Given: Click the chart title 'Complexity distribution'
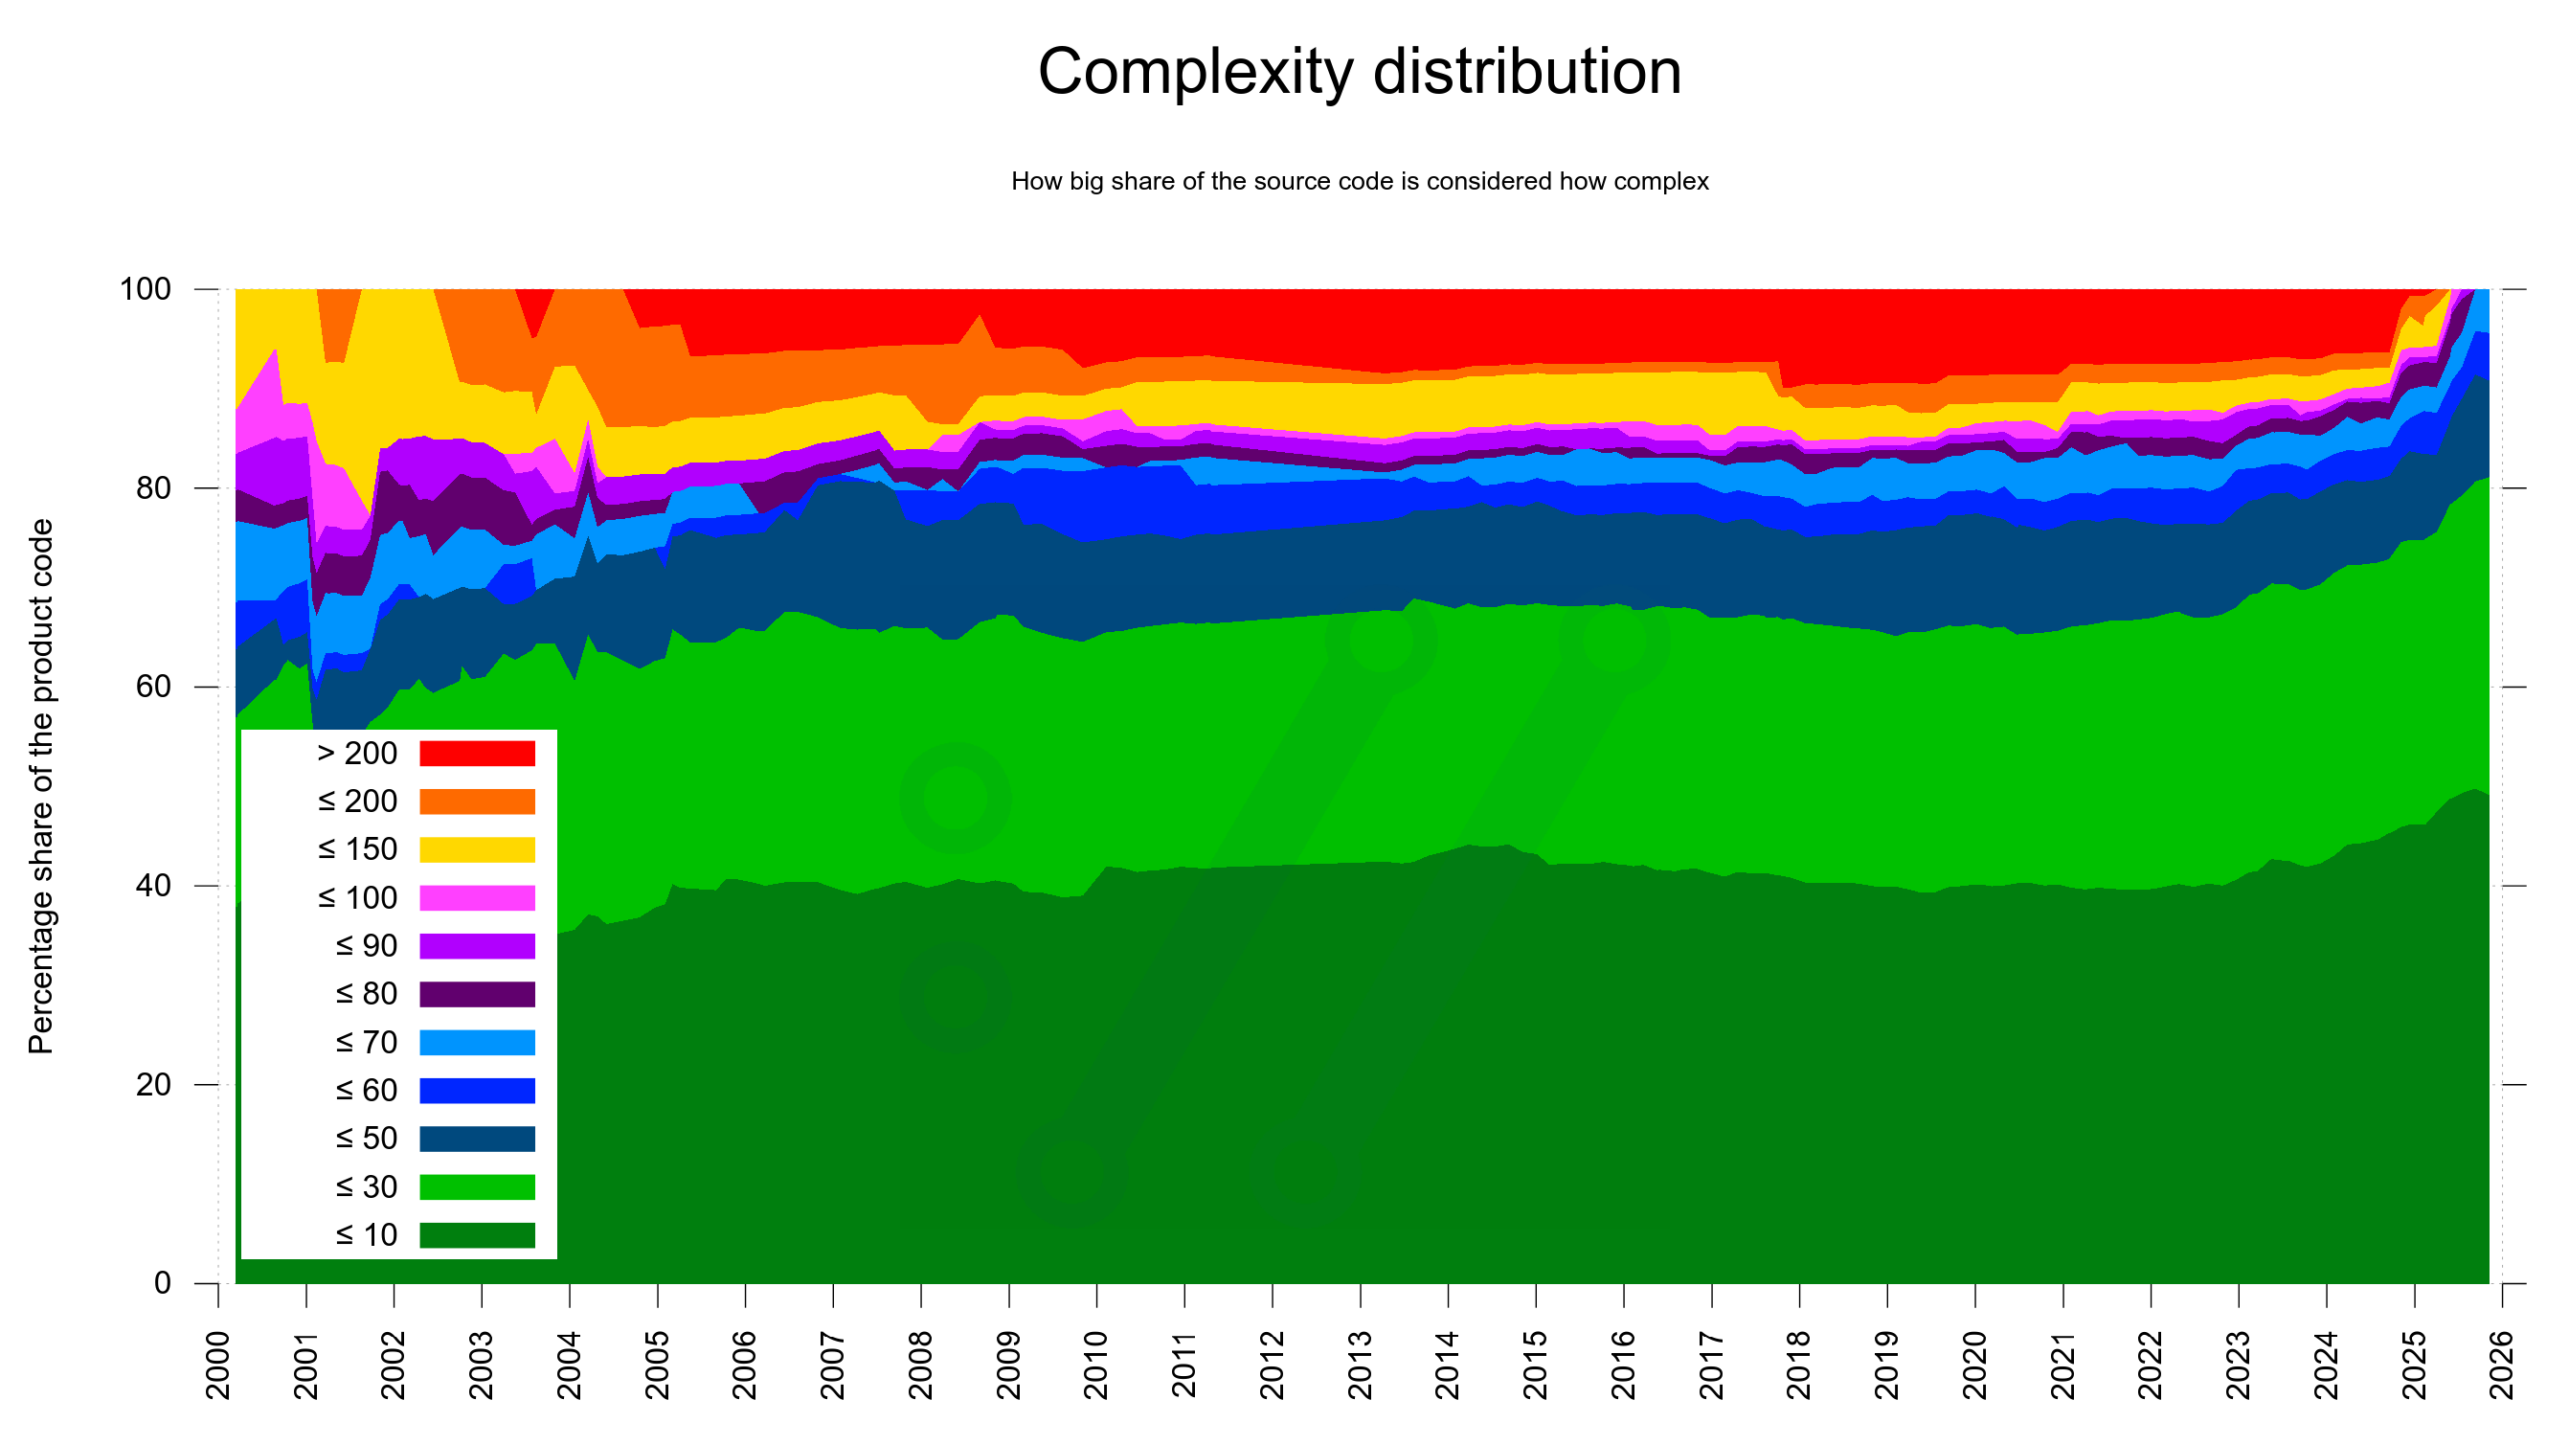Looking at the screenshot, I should (x=1360, y=72).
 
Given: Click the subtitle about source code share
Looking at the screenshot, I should (x=1360, y=182).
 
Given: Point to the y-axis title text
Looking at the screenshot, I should (x=41, y=786).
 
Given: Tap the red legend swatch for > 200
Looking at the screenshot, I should (x=477, y=753).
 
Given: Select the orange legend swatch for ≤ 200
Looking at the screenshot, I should (x=477, y=801).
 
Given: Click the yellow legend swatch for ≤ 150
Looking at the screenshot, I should (x=477, y=848).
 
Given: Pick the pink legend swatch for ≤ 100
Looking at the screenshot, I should (x=477, y=897).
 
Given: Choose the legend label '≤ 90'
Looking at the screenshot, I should (x=366, y=945).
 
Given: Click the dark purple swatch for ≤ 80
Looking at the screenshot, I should (x=477, y=993).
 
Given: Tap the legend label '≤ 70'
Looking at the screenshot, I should (x=366, y=1042).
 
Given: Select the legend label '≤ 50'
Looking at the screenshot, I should (x=366, y=1138).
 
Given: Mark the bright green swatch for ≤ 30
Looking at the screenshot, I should (x=477, y=1186).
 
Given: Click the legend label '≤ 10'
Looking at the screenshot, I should (x=366, y=1234).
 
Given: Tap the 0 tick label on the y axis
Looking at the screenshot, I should (x=163, y=1283).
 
